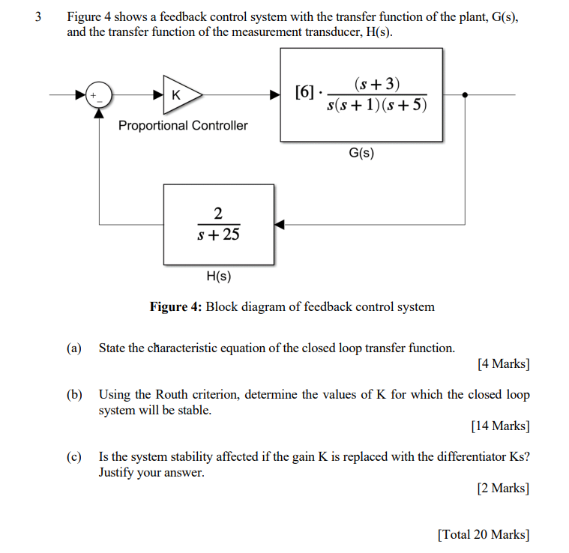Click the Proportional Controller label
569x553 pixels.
(x=183, y=126)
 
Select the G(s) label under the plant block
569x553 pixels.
(x=361, y=154)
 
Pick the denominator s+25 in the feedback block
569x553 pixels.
(x=218, y=235)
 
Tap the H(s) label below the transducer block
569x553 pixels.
(x=218, y=276)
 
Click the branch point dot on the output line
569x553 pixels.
(x=466, y=95)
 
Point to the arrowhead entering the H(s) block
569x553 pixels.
(x=280, y=224)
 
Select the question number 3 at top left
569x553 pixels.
(x=37, y=16)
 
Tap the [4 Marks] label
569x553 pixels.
(x=503, y=365)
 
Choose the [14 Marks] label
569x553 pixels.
(x=500, y=426)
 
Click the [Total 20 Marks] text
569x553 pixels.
(x=484, y=534)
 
